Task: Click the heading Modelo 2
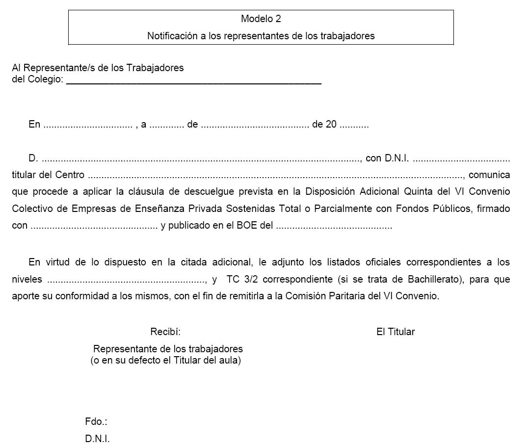[x=261, y=19]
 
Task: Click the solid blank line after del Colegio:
[x=193, y=82]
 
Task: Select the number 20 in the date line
[x=331, y=125]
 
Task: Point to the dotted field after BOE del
[x=334, y=227]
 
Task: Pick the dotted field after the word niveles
[x=127, y=280]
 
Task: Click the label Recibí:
[x=165, y=332]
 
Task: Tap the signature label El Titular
[x=395, y=332]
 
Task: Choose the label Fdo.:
[x=96, y=422]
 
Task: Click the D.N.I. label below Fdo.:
[x=97, y=439]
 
